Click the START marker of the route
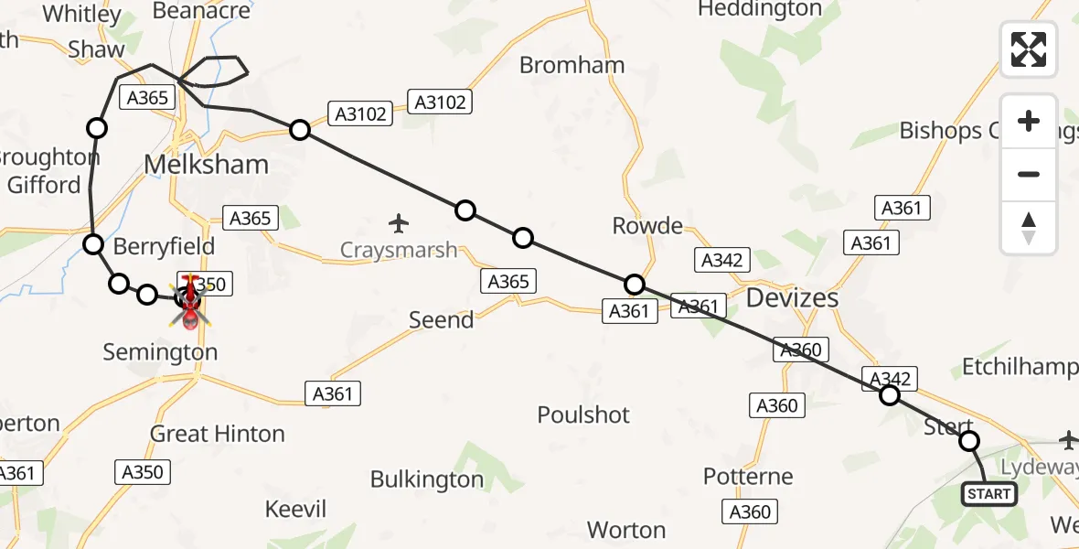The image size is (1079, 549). tap(989, 494)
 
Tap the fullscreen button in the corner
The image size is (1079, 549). tap(1029, 49)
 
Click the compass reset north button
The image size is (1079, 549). tap(1029, 227)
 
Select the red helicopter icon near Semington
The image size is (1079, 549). tap(190, 302)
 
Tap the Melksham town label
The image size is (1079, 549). tap(208, 165)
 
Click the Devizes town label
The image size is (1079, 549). tap(793, 297)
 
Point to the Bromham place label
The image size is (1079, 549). tap(572, 65)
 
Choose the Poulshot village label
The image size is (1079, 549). tap(583, 414)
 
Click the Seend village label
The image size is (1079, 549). tap(442, 320)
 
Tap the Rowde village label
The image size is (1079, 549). tap(647, 226)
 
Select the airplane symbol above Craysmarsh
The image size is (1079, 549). tap(398, 222)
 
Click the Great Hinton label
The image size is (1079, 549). tap(218, 434)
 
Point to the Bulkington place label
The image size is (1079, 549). tap(427, 479)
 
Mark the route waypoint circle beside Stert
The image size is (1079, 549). tap(968, 441)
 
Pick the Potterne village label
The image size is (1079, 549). tap(748, 477)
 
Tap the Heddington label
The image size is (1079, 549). tap(760, 9)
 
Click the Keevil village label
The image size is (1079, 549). tap(295, 510)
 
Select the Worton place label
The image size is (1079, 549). tap(626, 530)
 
